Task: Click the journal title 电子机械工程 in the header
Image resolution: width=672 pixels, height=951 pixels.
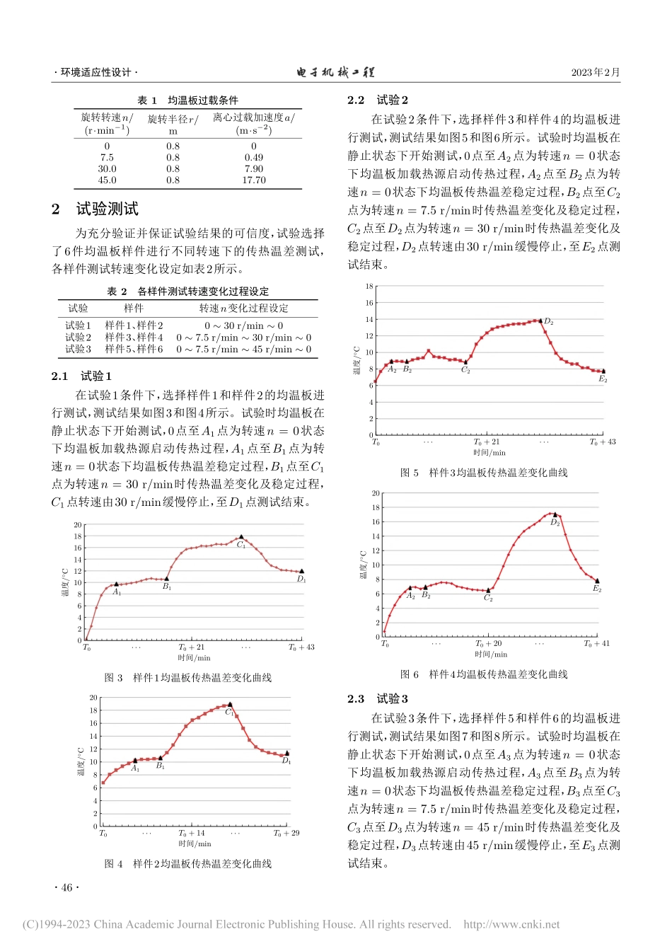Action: click(x=335, y=72)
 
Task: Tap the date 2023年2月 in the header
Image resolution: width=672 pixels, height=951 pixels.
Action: click(x=596, y=72)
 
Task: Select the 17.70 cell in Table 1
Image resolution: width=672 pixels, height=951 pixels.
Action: click(x=254, y=180)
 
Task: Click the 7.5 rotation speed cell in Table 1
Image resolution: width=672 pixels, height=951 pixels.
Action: click(x=107, y=158)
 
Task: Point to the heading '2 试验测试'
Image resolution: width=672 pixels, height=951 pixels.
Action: click(x=95, y=209)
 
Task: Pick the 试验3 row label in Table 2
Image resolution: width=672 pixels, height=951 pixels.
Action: click(x=78, y=349)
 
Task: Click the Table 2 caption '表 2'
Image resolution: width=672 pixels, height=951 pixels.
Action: click(x=117, y=292)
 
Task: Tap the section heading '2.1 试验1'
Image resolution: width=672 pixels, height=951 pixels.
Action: click(x=81, y=376)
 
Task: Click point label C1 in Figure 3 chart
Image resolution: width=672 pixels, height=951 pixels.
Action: click(x=241, y=545)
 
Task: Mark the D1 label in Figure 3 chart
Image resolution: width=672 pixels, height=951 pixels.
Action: click(x=301, y=579)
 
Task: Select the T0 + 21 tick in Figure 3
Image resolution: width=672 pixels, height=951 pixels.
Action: click(x=191, y=647)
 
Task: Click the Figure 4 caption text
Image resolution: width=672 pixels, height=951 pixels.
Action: click(x=188, y=863)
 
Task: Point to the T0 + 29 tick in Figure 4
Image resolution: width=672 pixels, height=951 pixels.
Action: click(x=286, y=833)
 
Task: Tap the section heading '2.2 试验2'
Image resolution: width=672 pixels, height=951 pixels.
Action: click(x=378, y=100)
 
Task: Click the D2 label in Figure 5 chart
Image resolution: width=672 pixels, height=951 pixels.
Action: click(x=549, y=322)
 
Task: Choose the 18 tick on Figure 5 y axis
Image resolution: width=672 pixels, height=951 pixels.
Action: click(x=369, y=287)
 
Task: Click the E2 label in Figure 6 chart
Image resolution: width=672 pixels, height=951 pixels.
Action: click(x=597, y=589)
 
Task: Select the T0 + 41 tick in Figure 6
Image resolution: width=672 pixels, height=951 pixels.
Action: click(x=596, y=644)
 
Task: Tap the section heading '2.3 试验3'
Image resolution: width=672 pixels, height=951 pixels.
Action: click(x=378, y=698)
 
